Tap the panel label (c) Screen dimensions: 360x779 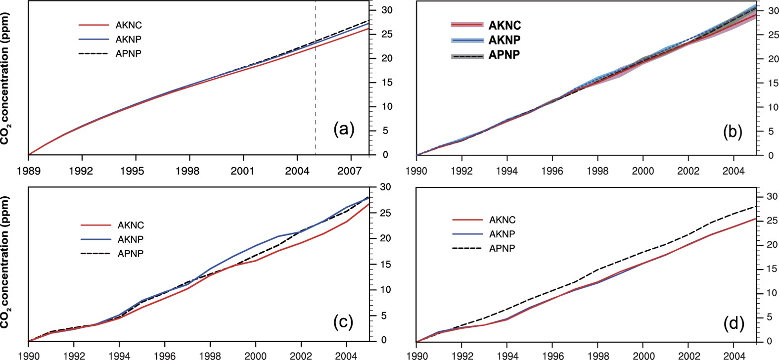point(343,321)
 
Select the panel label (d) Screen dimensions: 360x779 point(733,323)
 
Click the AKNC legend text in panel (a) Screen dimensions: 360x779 point(129,25)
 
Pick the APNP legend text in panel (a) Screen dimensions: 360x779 point(129,53)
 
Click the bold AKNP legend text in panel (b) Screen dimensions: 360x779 point(504,40)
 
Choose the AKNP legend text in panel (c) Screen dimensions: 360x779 point(131,239)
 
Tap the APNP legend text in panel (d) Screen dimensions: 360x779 point(502,248)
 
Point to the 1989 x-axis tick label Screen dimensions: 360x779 point(28,171)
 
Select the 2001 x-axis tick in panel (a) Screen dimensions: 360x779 point(243,171)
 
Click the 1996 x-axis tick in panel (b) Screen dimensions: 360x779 point(552,171)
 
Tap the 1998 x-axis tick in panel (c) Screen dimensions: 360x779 point(210,356)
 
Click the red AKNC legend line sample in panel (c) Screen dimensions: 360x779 point(96,225)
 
